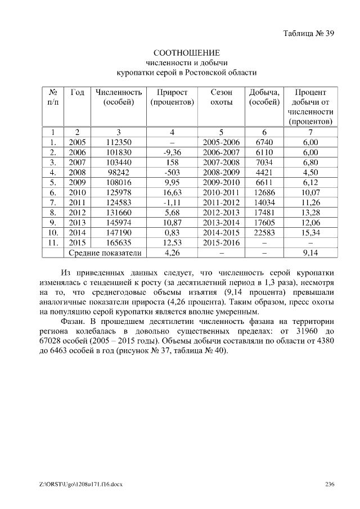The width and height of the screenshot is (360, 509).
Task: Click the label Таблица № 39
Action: coord(308,33)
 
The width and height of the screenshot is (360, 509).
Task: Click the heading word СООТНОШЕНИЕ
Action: coord(186,53)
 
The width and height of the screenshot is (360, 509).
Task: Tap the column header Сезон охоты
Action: coord(221,97)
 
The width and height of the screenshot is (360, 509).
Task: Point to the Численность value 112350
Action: coord(119,143)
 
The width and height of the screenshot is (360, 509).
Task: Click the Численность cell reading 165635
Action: coord(119,242)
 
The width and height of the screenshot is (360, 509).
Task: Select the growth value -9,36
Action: coord(172,153)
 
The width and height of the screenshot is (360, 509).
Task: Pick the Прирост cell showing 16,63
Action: coord(172,192)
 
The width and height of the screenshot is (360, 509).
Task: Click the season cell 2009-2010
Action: coord(221,183)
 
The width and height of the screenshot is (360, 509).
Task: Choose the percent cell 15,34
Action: coord(310,232)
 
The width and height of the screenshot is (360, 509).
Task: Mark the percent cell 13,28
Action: coord(310,213)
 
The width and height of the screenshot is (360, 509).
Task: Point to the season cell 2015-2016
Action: coord(221,242)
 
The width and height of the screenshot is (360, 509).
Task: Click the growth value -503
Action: coord(172,173)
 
